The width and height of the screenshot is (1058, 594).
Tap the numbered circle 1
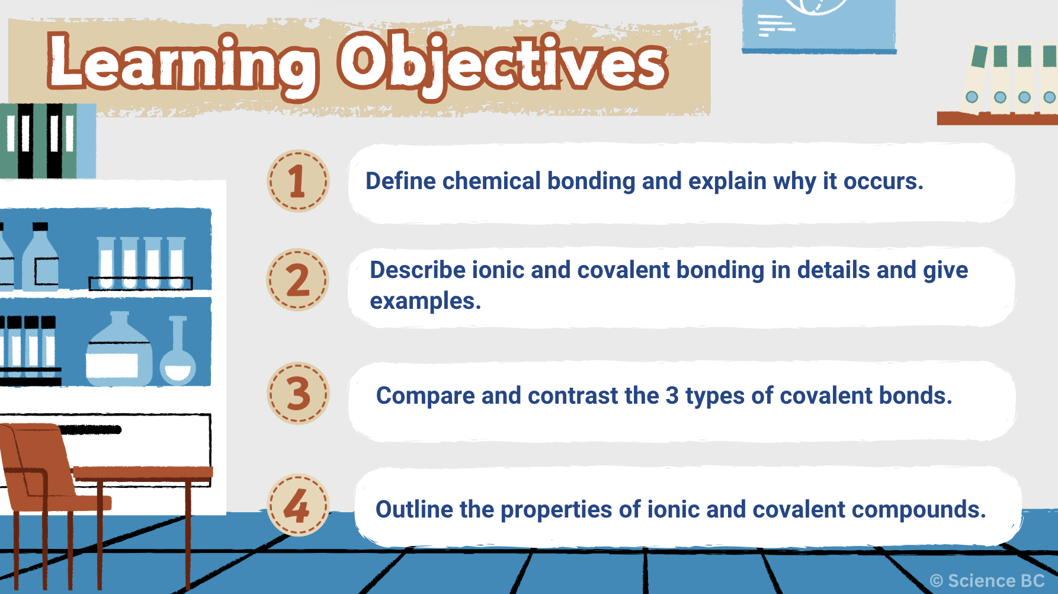(x=297, y=181)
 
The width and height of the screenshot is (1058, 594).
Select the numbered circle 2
(x=297, y=280)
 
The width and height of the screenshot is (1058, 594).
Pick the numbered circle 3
(x=298, y=393)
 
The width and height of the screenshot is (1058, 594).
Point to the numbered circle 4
(x=298, y=505)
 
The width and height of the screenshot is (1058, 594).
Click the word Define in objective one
(x=400, y=181)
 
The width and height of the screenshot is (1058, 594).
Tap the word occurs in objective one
(x=883, y=181)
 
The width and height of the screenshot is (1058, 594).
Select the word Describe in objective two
(x=418, y=270)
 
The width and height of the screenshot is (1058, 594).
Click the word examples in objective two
(x=425, y=302)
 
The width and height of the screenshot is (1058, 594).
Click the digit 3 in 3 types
(x=672, y=395)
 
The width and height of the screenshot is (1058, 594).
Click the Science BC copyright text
(x=987, y=581)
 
